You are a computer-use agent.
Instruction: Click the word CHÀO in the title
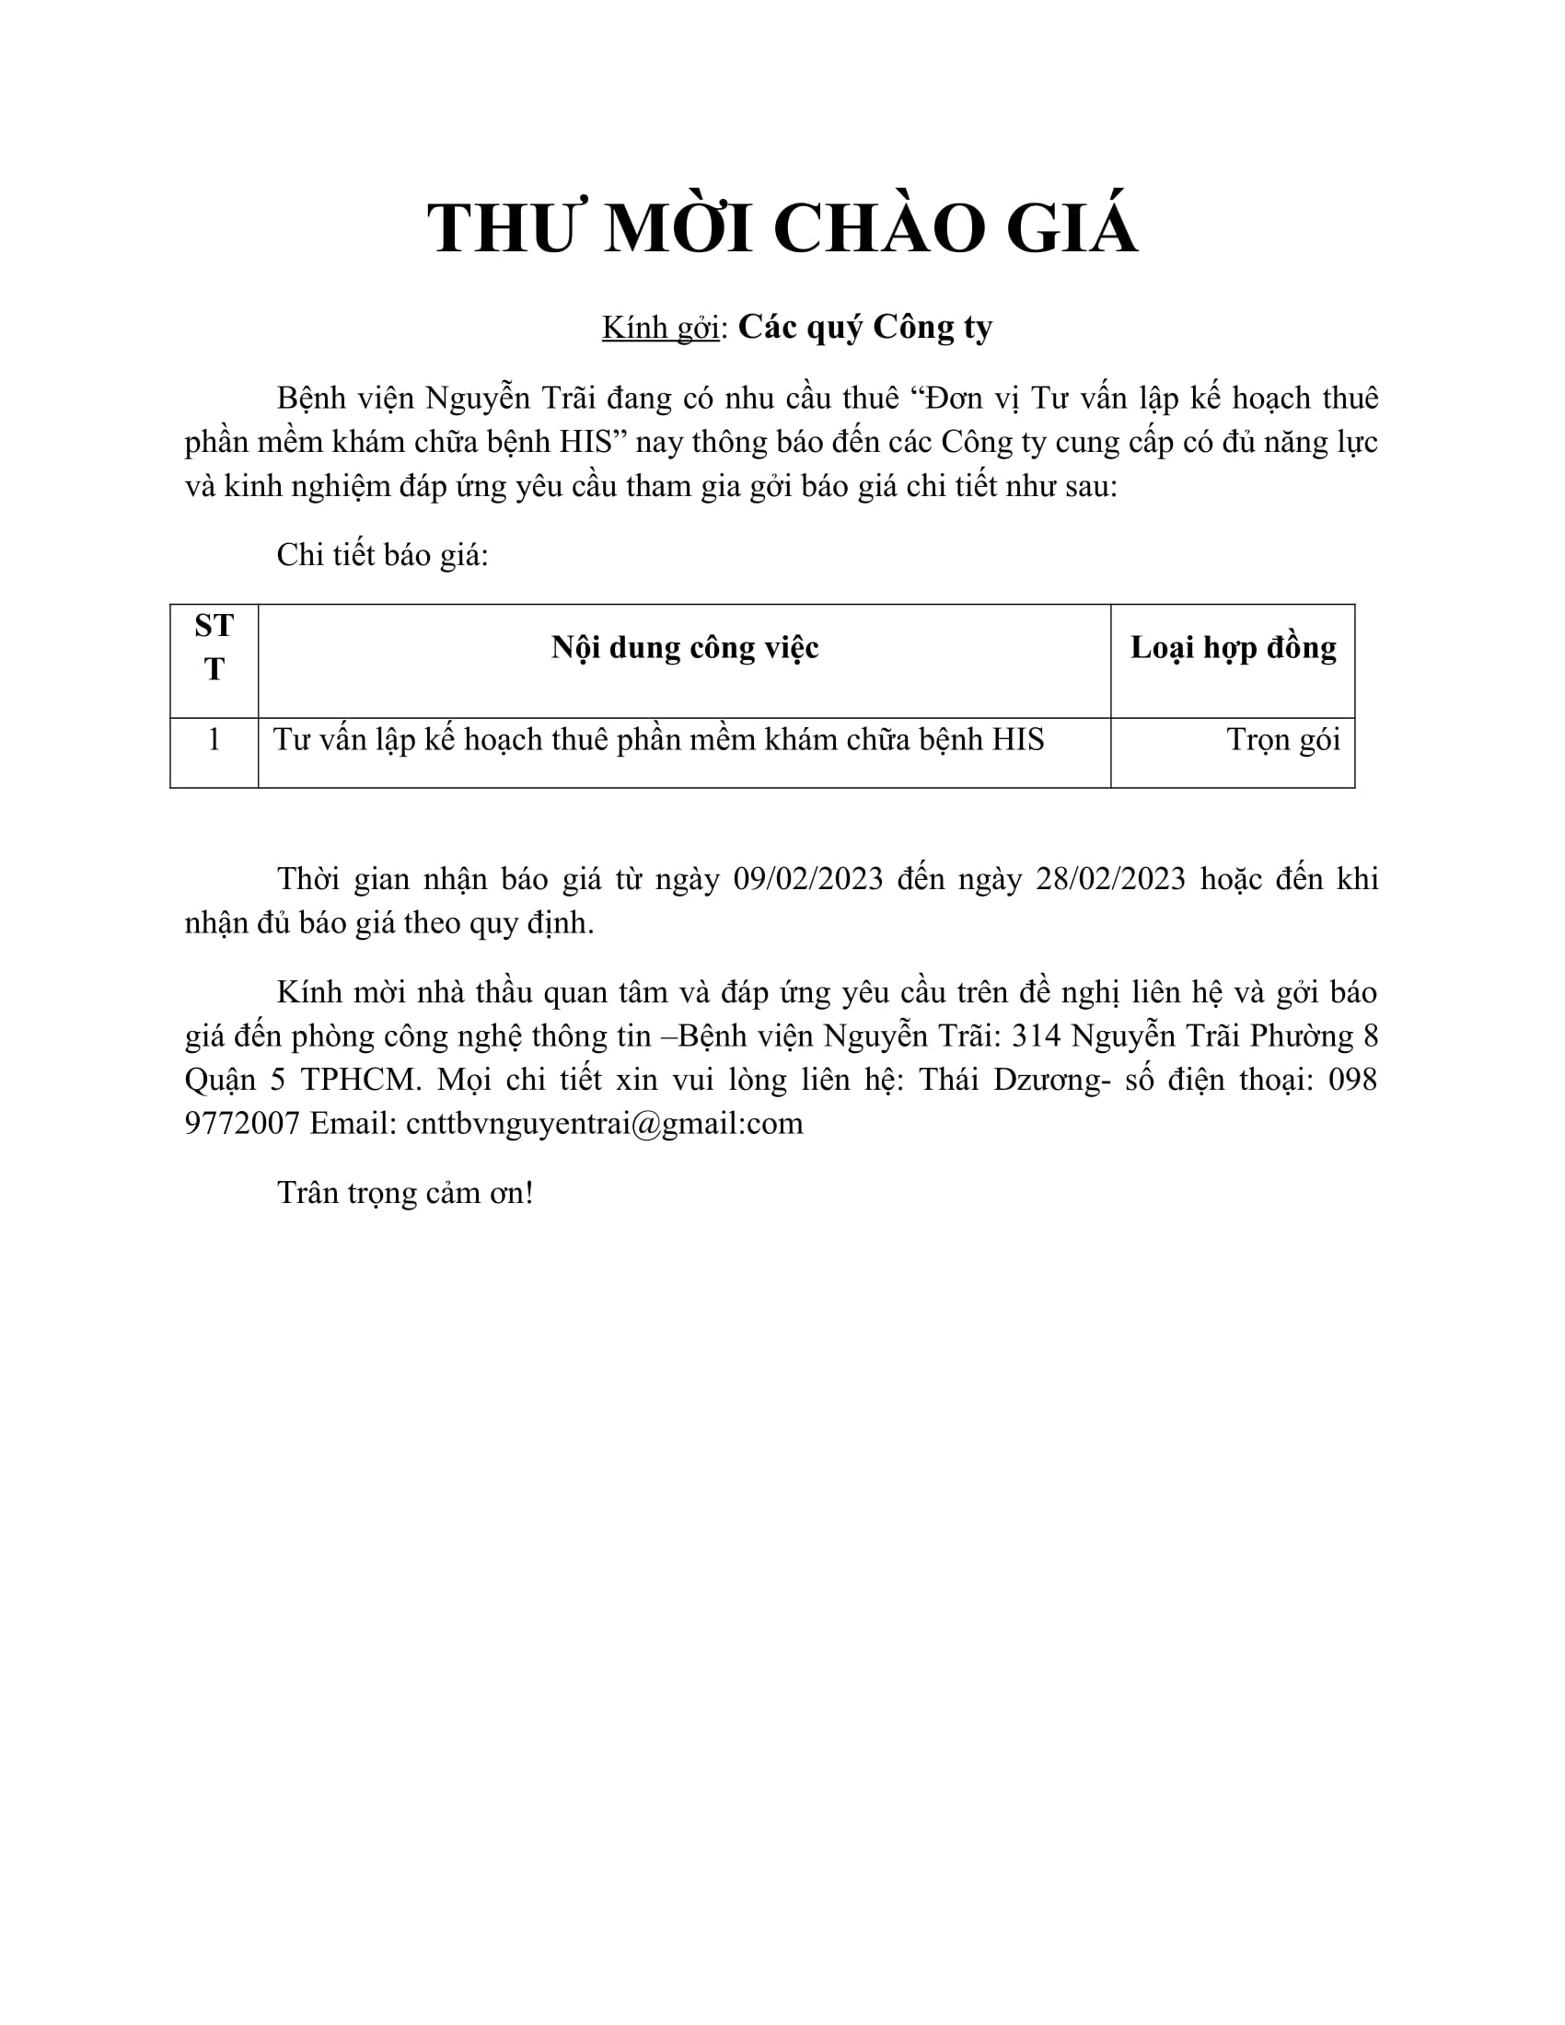tap(877, 228)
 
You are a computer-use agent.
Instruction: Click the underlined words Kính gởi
tap(660, 328)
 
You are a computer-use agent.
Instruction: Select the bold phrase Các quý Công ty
tap(865, 328)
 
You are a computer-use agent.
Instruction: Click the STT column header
tap(214, 647)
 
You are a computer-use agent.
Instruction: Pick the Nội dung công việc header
tap(684, 647)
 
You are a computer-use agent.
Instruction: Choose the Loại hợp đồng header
tap(1232, 647)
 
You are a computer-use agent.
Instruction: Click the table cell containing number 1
tap(214, 740)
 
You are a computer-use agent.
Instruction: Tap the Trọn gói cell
tap(1283, 740)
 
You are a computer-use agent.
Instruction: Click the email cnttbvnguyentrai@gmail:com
tap(605, 1124)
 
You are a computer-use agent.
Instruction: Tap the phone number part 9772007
tap(242, 1124)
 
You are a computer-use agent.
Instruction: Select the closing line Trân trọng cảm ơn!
tap(405, 1192)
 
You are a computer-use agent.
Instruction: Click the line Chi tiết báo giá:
tap(382, 554)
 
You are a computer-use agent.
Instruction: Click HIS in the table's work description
tap(1018, 740)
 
